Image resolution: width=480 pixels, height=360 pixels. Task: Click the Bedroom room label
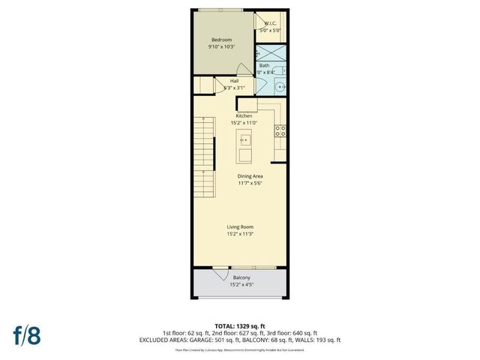(221, 40)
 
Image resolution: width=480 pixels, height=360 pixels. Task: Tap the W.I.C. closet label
(271, 23)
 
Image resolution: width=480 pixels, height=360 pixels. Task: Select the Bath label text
(264, 65)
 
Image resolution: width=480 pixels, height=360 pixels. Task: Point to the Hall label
(234, 81)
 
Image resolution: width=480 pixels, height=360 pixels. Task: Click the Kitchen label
(244, 116)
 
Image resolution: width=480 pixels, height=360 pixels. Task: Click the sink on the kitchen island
(244, 139)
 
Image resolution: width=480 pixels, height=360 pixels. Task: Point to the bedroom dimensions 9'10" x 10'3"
(221, 47)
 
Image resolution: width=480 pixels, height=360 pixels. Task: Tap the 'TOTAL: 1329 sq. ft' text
(240, 325)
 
